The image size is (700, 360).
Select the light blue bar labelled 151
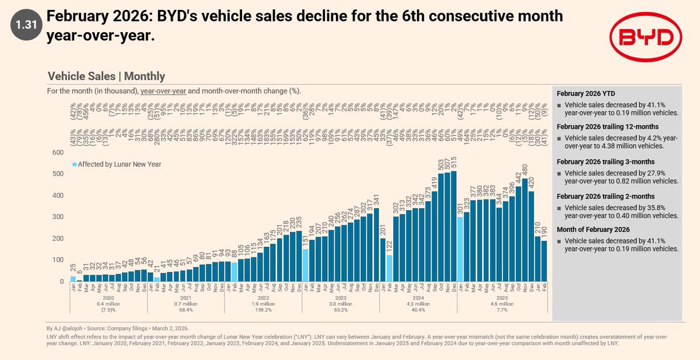pos(306,265)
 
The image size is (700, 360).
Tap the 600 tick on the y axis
pos(58,152)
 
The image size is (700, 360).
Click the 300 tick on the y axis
pos(58,217)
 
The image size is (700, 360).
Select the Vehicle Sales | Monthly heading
pos(106,76)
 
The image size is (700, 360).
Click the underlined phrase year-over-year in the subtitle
pos(166,92)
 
